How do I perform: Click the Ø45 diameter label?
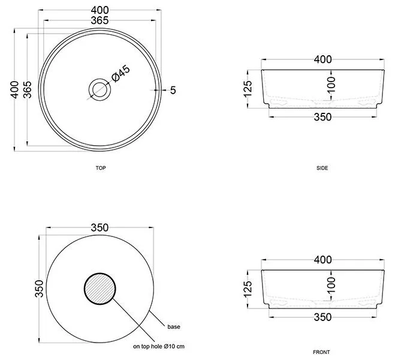121,73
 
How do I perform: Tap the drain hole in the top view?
99,89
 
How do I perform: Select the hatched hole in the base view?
99,289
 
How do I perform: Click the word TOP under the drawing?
101,168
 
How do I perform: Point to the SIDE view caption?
322,168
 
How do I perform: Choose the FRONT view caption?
321,352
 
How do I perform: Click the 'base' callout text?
174,327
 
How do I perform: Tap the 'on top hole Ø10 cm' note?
159,346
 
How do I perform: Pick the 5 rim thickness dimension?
173,90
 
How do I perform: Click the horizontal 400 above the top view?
99,10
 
